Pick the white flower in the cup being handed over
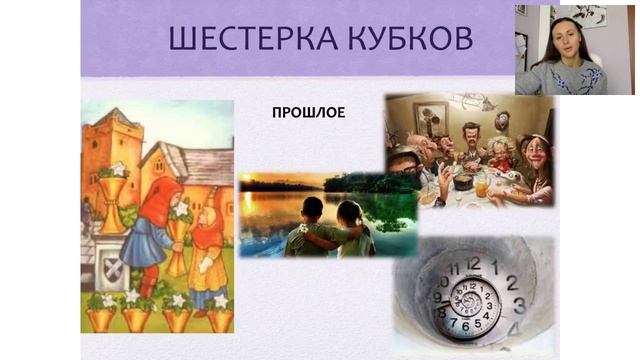click(x=181, y=211)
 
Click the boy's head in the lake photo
click(x=312, y=211)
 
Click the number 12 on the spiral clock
click(x=473, y=264)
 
